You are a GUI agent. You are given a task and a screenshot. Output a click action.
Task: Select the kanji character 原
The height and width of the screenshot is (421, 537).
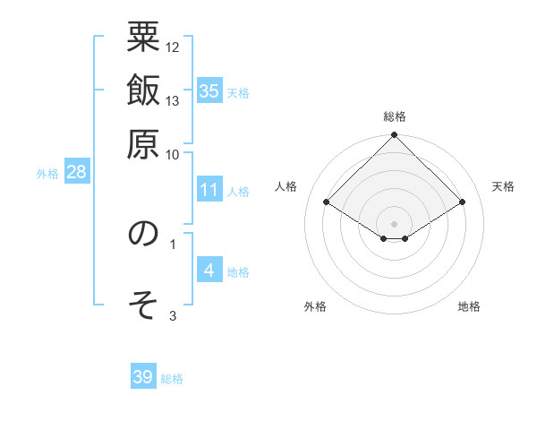point(143,142)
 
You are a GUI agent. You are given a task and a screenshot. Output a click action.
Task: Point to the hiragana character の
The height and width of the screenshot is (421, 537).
point(143,234)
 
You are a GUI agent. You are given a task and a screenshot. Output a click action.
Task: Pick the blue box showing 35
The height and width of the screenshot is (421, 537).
point(209,90)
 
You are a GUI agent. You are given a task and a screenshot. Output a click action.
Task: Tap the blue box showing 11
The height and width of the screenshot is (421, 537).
point(209,190)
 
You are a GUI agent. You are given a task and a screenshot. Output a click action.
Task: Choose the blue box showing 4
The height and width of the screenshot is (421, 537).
point(209,271)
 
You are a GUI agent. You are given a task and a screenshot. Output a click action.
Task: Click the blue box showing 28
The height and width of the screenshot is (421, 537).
point(75,172)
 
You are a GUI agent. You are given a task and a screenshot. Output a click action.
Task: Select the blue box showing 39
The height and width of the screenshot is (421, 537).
point(143,377)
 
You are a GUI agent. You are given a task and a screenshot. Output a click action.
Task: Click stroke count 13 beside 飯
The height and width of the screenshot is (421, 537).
point(173,100)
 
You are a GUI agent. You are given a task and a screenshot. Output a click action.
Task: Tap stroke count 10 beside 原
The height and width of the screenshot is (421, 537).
point(173,153)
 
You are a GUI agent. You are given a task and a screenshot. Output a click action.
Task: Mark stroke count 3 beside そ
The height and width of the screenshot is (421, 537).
point(173,315)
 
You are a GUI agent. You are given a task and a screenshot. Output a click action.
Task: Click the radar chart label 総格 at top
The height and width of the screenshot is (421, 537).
point(395,116)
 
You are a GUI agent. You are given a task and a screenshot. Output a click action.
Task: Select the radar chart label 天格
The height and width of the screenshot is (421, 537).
point(503,186)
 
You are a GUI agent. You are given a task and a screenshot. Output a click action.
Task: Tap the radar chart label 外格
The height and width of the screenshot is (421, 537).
point(315,306)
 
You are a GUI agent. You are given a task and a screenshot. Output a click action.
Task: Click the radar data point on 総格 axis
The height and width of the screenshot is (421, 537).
point(395,136)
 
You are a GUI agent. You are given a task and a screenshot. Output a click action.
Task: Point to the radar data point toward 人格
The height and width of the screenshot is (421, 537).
point(327,202)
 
